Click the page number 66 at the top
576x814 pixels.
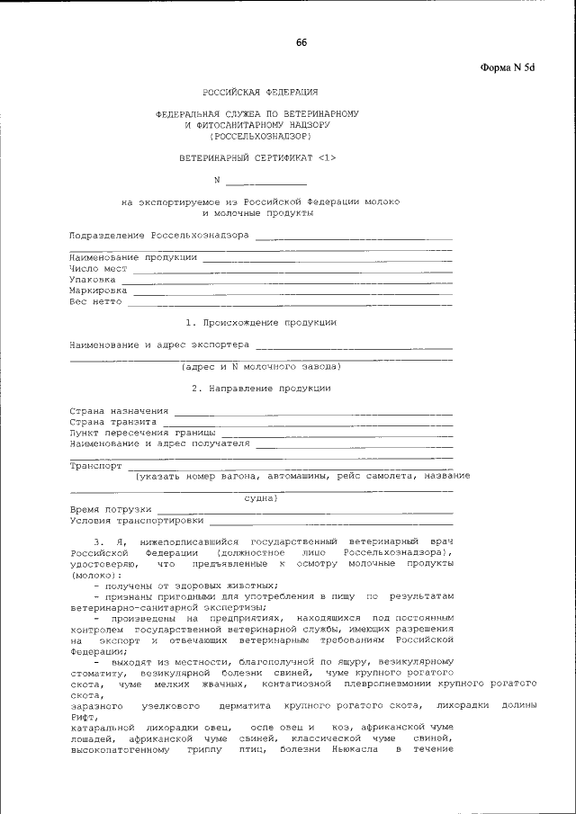point(301,43)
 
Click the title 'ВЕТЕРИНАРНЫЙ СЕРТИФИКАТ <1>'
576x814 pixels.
point(257,158)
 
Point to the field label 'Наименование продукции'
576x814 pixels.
point(133,256)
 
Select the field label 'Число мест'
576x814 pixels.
point(98,268)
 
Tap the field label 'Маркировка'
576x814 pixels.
point(98,291)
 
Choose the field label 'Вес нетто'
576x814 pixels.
point(95,302)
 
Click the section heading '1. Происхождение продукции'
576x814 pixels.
point(260,322)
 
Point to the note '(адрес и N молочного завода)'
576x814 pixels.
point(260,366)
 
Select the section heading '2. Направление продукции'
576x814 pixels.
point(260,388)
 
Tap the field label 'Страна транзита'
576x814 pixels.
point(113,421)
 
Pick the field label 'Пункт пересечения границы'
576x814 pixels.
point(148,433)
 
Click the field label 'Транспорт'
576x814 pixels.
point(95,466)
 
